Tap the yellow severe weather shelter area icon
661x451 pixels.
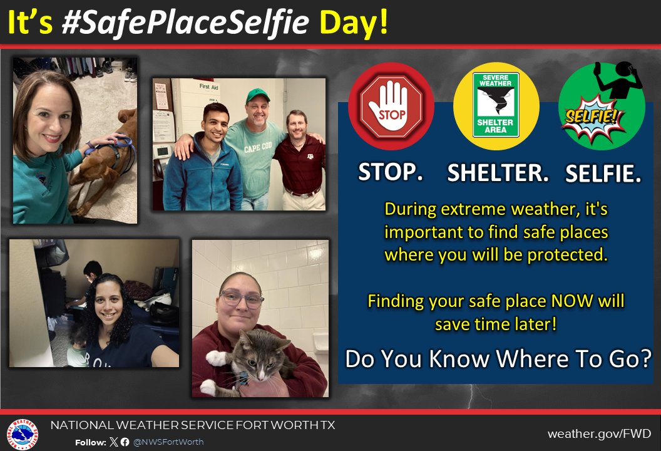pos(496,106)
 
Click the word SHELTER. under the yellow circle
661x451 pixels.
pos(498,174)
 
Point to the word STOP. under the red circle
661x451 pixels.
pos(391,172)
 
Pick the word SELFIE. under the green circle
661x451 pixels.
pos(603,175)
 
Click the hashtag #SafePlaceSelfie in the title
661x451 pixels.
pos(185,23)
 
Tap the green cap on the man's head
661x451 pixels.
pos(257,96)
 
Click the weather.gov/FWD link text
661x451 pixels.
pos(599,433)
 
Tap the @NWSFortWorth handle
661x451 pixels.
pos(168,442)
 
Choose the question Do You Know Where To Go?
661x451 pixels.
pos(498,360)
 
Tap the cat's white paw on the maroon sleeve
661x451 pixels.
pos(216,358)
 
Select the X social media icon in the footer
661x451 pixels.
pos(113,442)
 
